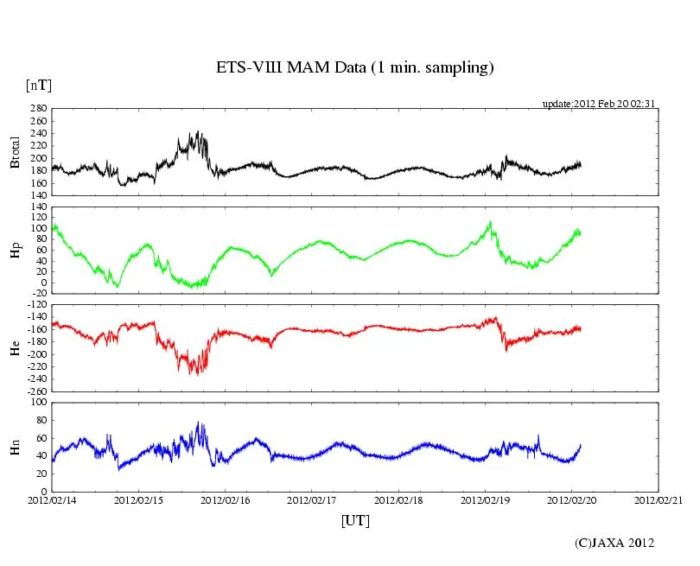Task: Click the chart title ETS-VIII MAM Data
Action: tap(354, 68)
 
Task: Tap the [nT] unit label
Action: tap(39, 86)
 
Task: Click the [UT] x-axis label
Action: tap(355, 520)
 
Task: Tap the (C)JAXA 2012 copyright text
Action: tap(614, 543)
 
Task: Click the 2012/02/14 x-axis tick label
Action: tap(52, 499)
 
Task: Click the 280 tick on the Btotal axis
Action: tap(38, 110)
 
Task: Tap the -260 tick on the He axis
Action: tap(35, 391)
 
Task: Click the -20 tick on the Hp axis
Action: tap(38, 294)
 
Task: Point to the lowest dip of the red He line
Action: tap(198, 374)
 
